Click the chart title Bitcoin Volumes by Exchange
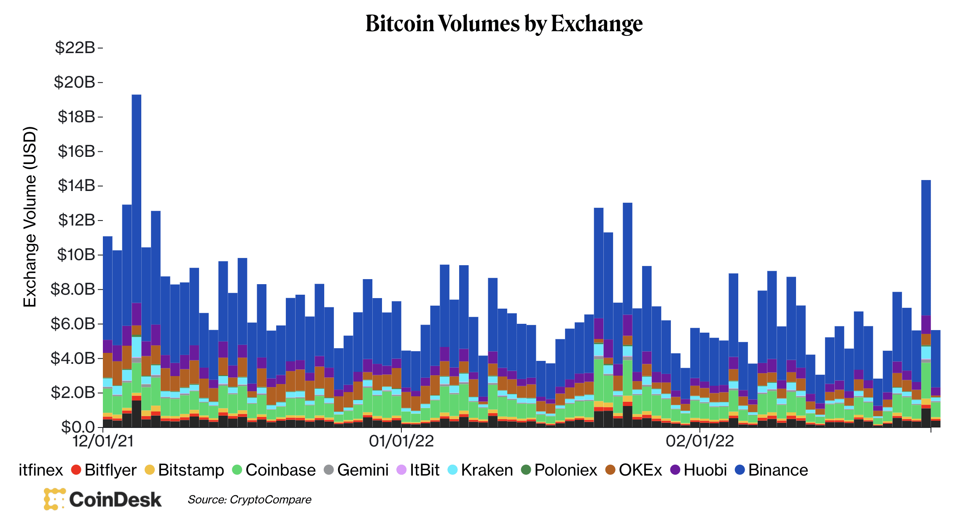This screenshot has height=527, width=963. [504, 24]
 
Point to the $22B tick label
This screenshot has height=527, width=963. [75, 48]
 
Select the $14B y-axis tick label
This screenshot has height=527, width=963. [76, 186]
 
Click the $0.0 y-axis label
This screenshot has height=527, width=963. [78, 427]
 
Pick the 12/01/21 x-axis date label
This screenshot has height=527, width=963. [103, 441]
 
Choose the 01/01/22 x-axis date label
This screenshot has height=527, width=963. [401, 441]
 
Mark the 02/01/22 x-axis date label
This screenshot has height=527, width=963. [700, 441]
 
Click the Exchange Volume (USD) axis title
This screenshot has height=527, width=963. [30, 217]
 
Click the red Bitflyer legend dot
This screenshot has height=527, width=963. [76, 470]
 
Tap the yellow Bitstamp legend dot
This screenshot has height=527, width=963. [150, 470]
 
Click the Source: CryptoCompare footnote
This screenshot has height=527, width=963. [250, 500]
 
